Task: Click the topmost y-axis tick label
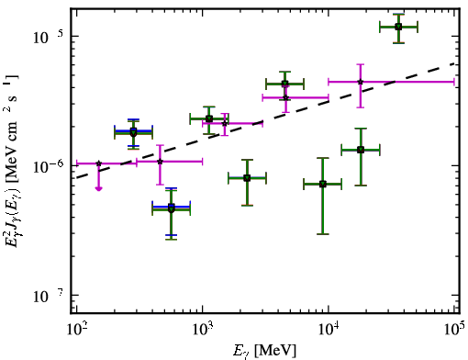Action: (48, 36)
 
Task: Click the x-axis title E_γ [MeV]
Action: (264, 351)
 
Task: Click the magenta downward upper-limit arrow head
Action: (98, 188)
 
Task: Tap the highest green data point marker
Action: (398, 27)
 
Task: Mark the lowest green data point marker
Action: (172, 209)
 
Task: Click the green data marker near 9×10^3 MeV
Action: (323, 184)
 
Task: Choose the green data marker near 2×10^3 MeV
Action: (247, 178)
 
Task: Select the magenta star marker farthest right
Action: (361, 82)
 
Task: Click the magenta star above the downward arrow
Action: (98, 163)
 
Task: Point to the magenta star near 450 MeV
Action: (160, 162)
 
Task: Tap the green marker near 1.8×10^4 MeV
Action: (361, 150)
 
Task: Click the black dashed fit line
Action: (266, 120)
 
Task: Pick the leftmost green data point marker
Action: (133, 132)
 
